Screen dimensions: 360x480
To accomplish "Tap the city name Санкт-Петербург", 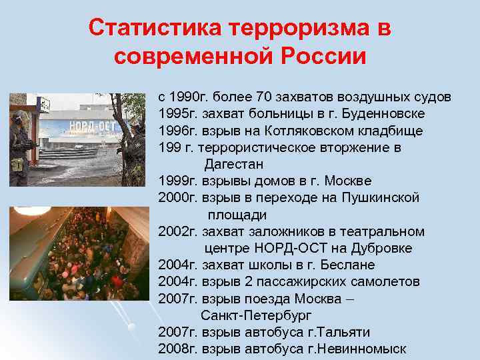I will pos(256,315).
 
